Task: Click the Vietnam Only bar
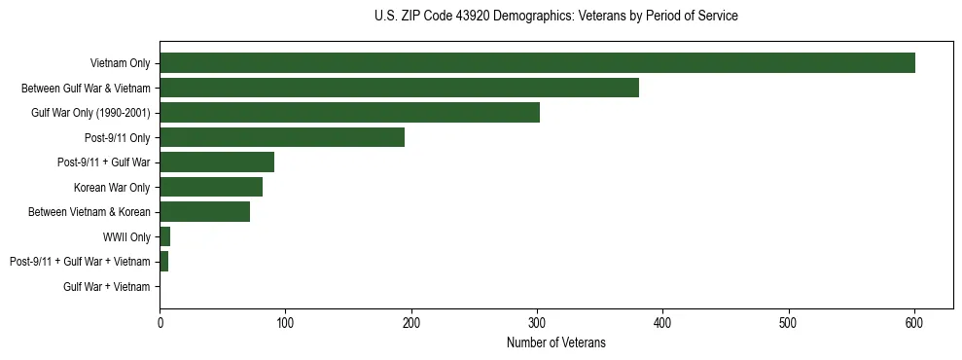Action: click(x=537, y=63)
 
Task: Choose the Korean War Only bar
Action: click(x=211, y=187)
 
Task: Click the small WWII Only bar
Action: click(x=165, y=236)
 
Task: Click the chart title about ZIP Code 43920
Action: click(x=555, y=17)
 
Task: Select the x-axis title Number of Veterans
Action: click(x=555, y=342)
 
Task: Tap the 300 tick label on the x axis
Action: click(x=537, y=322)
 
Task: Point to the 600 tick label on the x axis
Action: click(x=914, y=322)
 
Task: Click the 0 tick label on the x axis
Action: click(x=160, y=322)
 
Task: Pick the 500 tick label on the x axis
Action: click(x=789, y=322)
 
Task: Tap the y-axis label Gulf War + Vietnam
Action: click(x=107, y=287)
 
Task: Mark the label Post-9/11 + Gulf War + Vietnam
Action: click(x=80, y=262)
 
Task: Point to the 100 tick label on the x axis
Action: click(x=285, y=322)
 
